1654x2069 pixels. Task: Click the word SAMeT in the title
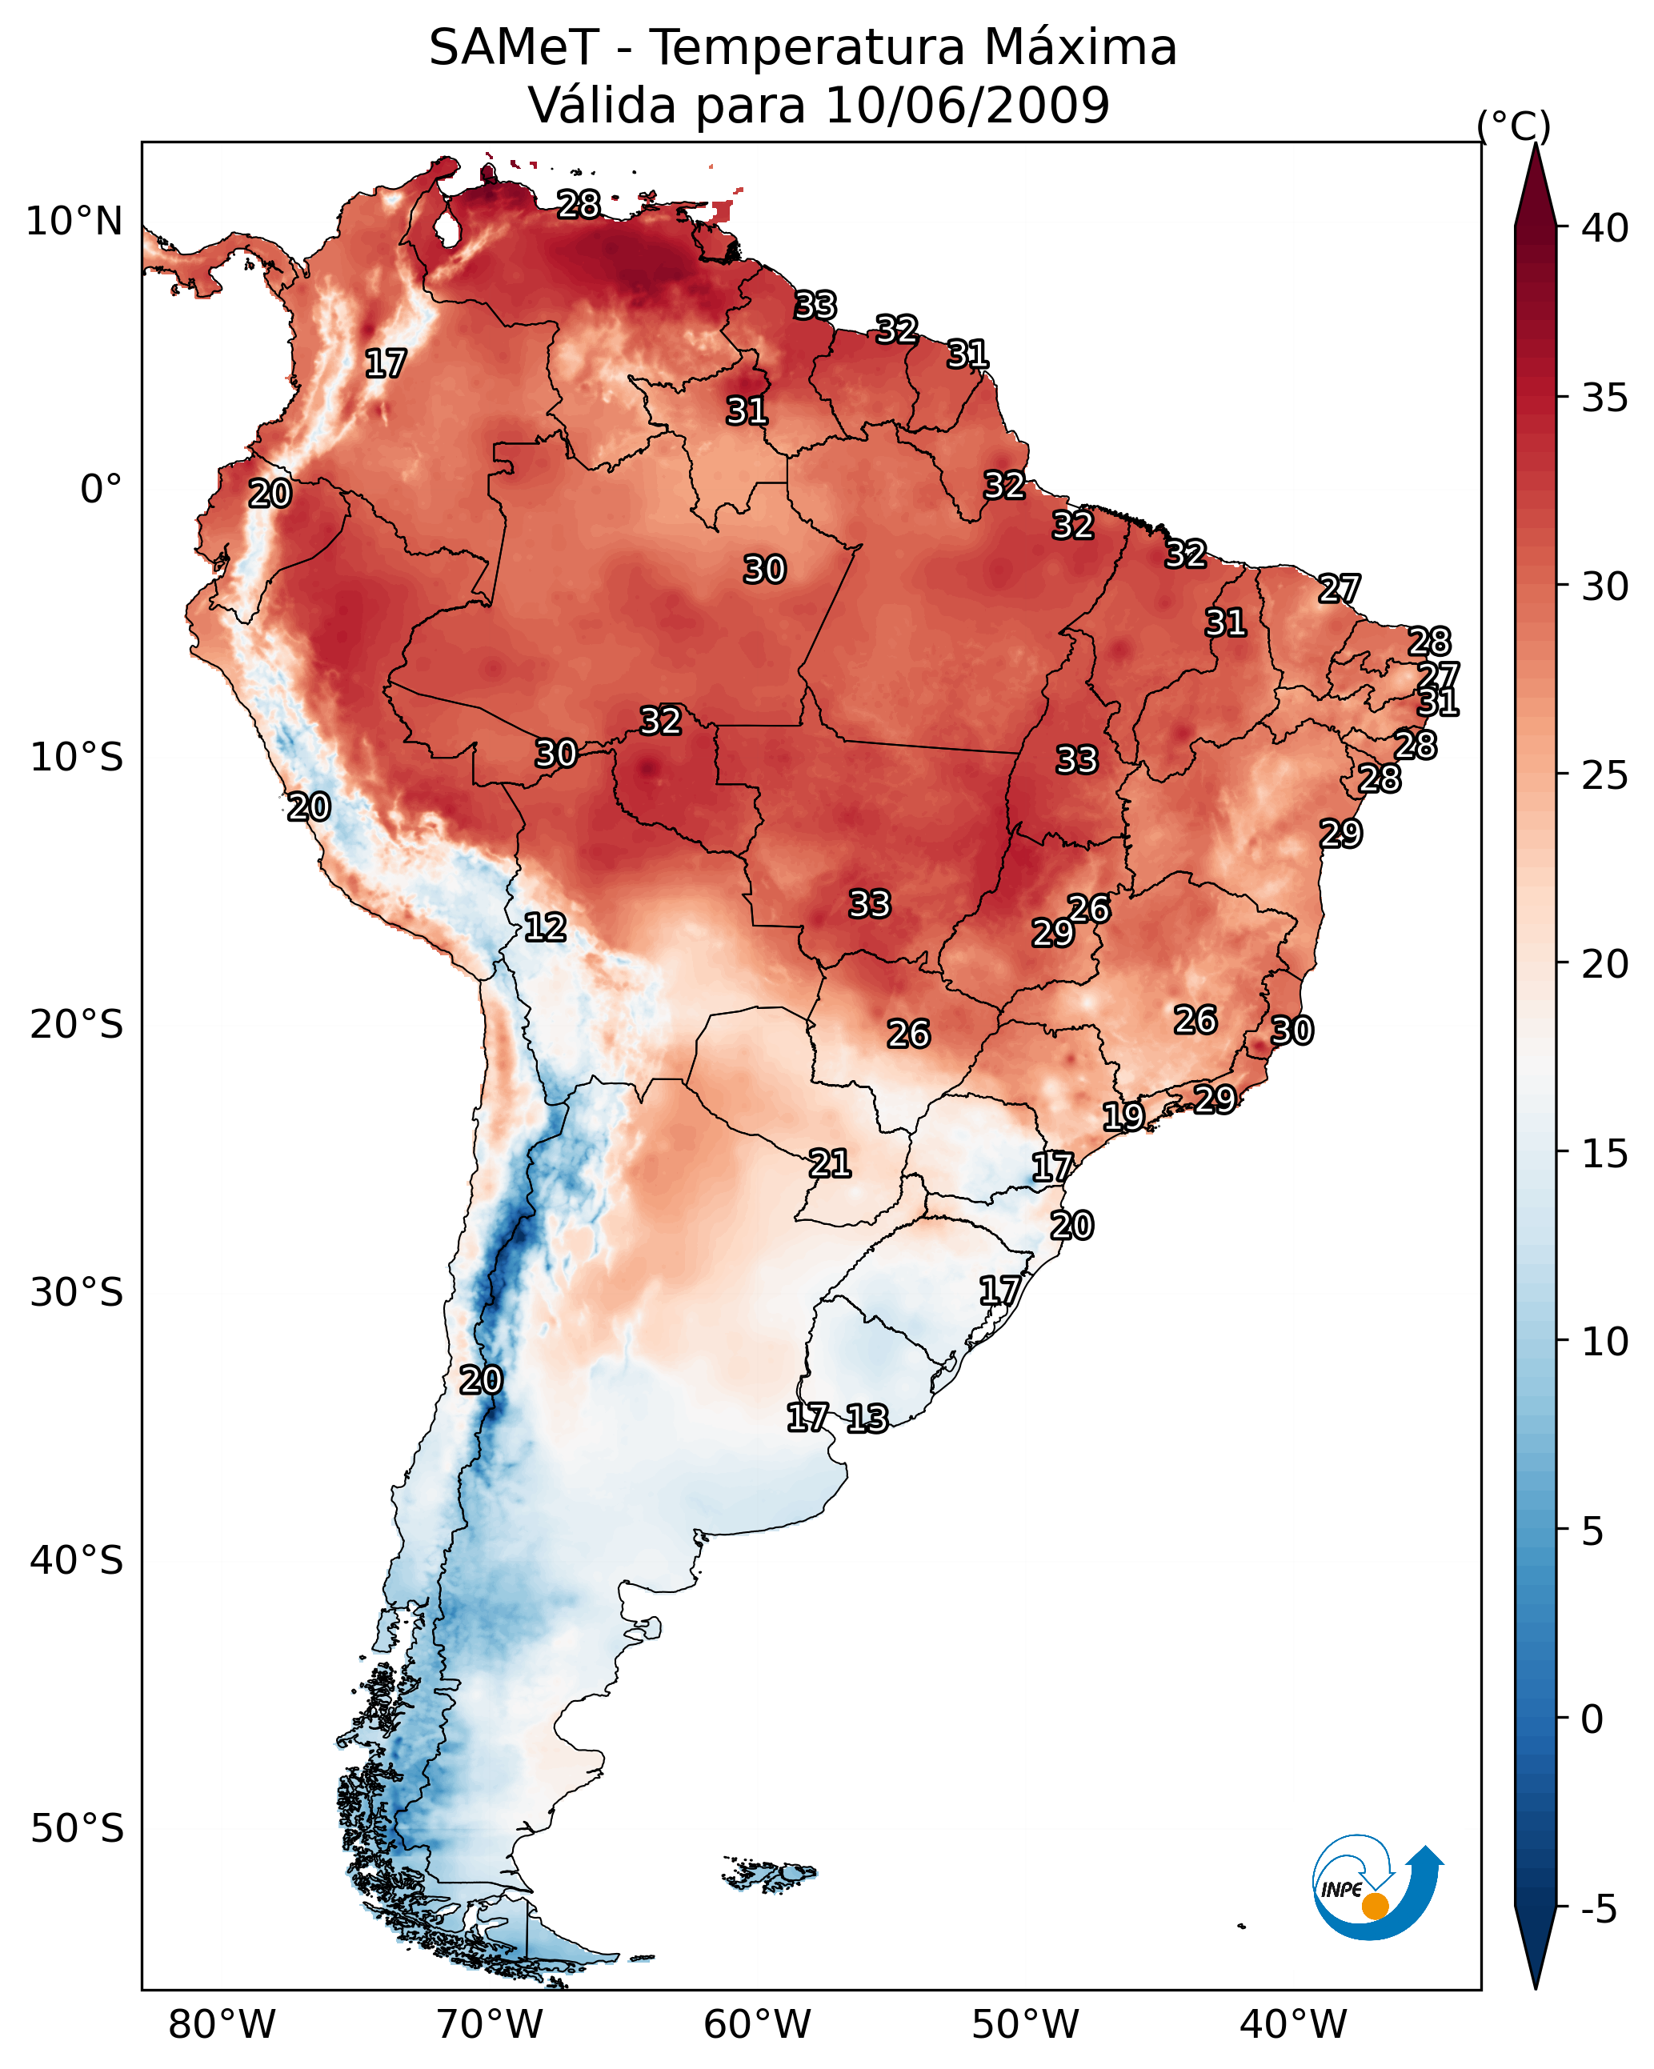pyautogui.click(x=513, y=48)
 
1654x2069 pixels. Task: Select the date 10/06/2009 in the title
pyautogui.click(x=967, y=106)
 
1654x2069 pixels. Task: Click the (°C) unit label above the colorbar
pyautogui.click(x=1513, y=126)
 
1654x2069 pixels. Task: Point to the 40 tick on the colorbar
pyautogui.click(x=1604, y=228)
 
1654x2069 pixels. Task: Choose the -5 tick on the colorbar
pyautogui.click(x=1598, y=1910)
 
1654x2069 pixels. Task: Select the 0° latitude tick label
pyautogui.click(x=101, y=490)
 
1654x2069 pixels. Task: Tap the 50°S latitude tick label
pyautogui.click(x=77, y=1829)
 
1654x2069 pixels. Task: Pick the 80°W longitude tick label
pyautogui.click(x=222, y=2024)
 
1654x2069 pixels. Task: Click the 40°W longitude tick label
pyautogui.click(x=1293, y=2024)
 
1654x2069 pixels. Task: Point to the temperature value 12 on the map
pyautogui.click(x=544, y=927)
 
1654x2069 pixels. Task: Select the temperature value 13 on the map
pyautogui.click(x=867, y=1419)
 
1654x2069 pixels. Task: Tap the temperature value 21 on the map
pyautogui.click(x=829, y=1164)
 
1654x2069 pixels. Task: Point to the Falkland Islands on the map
pyautogui.click(x=771, y=1873)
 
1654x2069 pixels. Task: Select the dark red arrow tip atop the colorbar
pyautogui.click(x=1535, y=168)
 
